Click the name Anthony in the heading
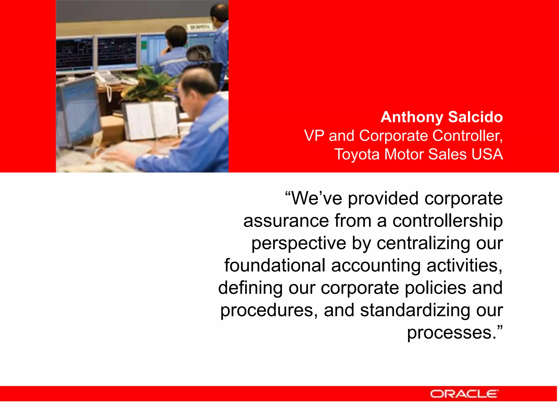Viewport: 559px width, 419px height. (x=412, y=117)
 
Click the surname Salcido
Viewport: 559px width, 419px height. (x=475, y=117)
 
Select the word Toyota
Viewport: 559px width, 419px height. (x=357, y=155)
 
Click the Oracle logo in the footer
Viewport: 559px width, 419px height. (x=464, y=394)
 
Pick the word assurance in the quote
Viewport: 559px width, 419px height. (x=286, y=221)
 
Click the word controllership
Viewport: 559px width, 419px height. (x=447, y=221)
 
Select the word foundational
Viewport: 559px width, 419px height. (x=275, y=265)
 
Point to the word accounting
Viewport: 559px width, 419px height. (x=376, y=266)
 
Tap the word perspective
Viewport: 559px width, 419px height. (x=299, y=244)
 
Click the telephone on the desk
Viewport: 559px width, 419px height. (x=109, y=78)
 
